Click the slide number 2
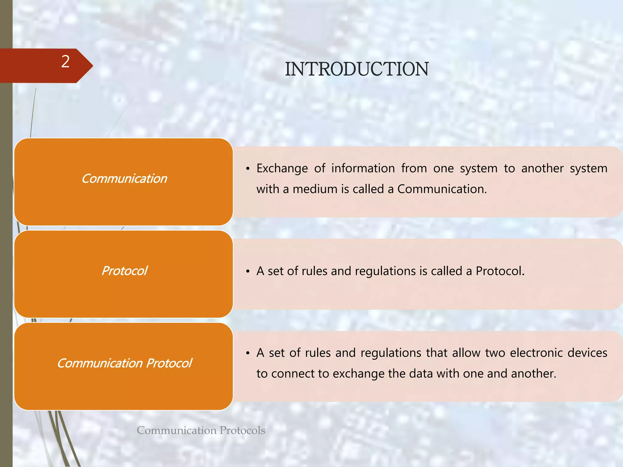click(65, 62)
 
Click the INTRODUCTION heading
click(357, 69)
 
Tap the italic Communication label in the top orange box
click(124, 179)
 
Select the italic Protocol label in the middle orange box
click(124, 271)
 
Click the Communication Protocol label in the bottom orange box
click(124, 363)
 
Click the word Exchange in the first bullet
click(282, 169)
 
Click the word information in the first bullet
click(363, 168)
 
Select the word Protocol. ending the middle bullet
click(500, 271)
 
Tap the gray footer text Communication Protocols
click(201, 431)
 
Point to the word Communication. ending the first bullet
click(442, 189)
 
